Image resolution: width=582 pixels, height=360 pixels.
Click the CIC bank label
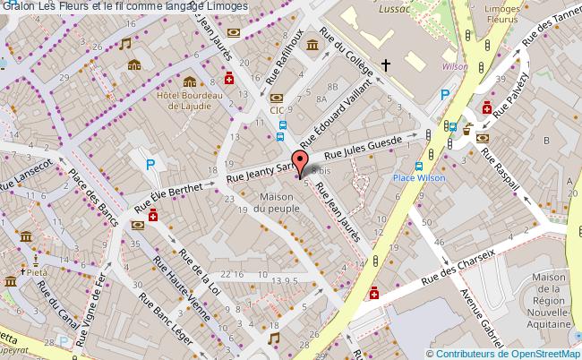click(277, 111)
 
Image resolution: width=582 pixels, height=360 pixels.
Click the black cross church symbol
click(386, 64)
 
